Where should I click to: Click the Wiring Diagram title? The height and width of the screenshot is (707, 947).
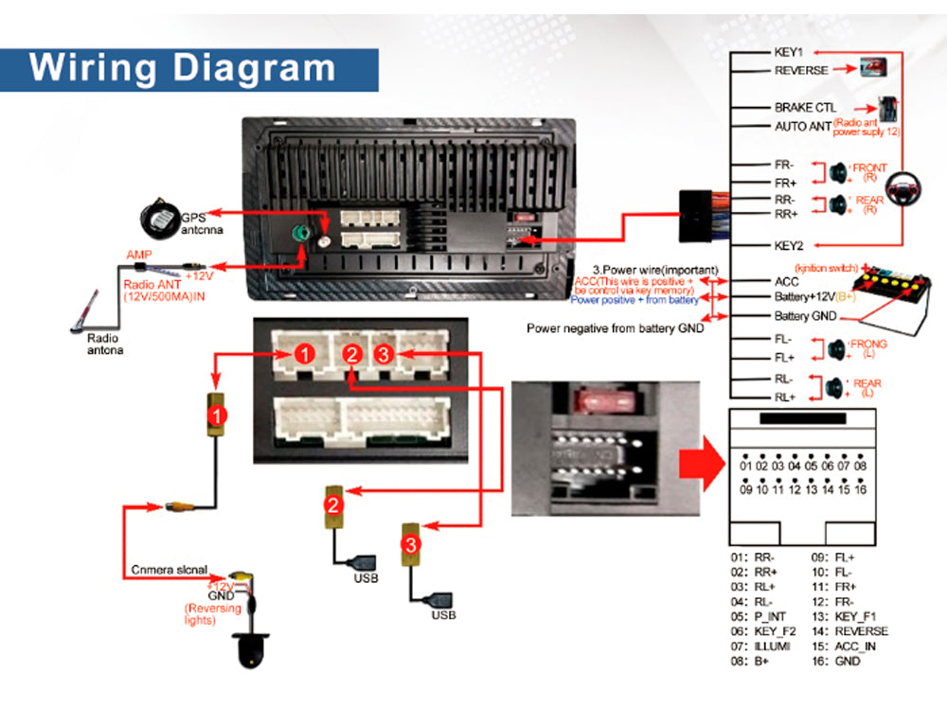[183, 68]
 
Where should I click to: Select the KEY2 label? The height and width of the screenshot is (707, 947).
[789, 245]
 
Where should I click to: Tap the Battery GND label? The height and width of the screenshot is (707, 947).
[806, 316]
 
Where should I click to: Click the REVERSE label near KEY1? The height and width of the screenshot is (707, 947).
[801, 70]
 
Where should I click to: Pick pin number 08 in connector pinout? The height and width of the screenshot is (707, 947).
[860, 466]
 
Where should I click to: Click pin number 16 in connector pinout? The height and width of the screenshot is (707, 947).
[860, 489]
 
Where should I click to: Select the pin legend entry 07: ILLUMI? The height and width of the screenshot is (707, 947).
[759, 645]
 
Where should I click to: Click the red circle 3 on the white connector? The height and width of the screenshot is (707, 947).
[383, 355]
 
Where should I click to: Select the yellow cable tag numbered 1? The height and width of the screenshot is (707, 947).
[218, 415]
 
